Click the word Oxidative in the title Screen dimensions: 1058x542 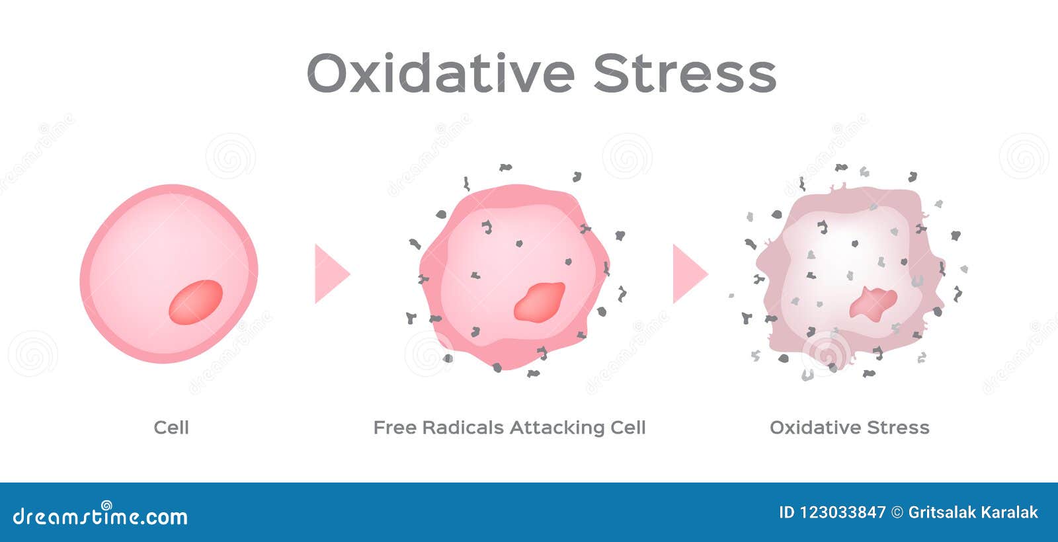(x=440, y=73)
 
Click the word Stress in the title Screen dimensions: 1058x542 (x=685, y=73)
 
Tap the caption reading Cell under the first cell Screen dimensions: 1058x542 (x=171, y=428)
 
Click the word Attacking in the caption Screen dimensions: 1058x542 (x=556, y=428)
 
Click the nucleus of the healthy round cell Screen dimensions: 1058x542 (x=196, y=302)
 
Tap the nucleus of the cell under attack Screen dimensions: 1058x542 (x=540, y=302)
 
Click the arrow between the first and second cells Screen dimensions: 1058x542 (x=332, y=274)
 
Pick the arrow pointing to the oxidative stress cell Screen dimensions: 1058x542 (x=690, y=274)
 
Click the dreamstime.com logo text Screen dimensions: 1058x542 (x=100, y=516)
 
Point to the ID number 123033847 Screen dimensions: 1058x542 (x=842, y=512)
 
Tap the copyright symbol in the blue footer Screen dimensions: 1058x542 (x=897, y=512)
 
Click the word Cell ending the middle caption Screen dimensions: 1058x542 (x=628, y=428)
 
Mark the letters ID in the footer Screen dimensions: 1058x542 (x=787, y=512)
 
